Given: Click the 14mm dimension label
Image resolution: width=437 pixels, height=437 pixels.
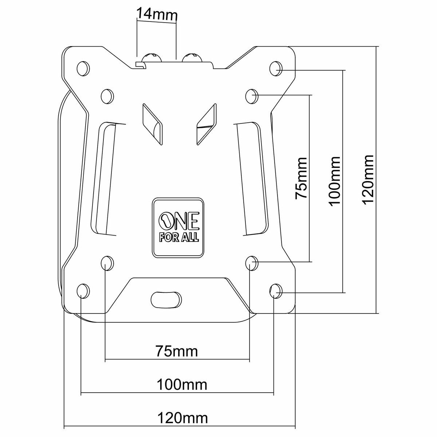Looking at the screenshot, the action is (x=157, y=14).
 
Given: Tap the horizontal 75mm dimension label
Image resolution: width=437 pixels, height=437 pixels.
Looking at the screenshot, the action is (x=177, y=351).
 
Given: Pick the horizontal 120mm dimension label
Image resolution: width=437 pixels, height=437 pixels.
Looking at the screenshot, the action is (x=182, y=418).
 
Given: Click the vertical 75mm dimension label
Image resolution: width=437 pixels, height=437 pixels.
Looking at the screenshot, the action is (x=302, y=178).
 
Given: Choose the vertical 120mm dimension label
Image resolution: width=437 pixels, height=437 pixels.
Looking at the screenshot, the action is (x=367, y=180).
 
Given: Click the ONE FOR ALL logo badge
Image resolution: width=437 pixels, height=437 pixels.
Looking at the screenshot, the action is (x=178, y=228).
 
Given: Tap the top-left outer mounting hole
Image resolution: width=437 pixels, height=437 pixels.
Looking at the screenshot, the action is (x=83, y=68).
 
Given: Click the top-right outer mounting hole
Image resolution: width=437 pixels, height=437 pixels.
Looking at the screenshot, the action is (x=276, y=68).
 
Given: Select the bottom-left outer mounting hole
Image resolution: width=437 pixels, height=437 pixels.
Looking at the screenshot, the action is (x=83, y=291).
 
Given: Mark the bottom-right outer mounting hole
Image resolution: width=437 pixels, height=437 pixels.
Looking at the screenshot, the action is (x=276, y=291).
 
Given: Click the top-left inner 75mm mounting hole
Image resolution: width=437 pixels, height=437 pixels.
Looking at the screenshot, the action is (x=107, y=96).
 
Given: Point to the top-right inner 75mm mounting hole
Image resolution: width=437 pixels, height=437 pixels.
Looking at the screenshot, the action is (x=252, y=96).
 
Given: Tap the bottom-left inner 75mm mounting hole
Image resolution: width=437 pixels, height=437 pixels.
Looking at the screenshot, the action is (x=107, y=263).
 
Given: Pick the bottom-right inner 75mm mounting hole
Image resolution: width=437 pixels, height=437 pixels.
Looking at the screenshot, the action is (x=252, y=263).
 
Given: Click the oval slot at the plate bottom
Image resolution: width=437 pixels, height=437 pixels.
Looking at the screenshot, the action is (x=166, y=300).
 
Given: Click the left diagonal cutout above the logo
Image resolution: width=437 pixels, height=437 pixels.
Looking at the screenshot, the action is (x=153, y=124).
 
